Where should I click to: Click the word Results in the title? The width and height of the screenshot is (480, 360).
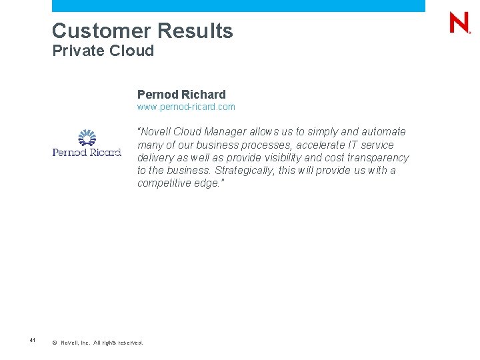click(195, 31)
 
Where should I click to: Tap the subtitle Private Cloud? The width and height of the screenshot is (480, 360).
click(103, 51)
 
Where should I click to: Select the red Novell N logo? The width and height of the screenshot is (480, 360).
click(459, 23)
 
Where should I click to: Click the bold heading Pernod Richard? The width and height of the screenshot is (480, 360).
click(181, 95)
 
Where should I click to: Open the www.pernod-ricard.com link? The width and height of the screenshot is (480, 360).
click(186, 107)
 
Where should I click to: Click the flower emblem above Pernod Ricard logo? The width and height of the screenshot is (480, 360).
click(87, 138)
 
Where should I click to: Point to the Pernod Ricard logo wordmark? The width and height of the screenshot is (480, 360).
click(87, 152)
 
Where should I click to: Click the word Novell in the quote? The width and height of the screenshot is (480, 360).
click(155, 132)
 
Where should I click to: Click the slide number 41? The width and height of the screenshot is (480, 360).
click(32, 340)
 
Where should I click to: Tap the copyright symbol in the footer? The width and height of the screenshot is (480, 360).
click(55, 343)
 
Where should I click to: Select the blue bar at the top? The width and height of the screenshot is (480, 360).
click(238, 5)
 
